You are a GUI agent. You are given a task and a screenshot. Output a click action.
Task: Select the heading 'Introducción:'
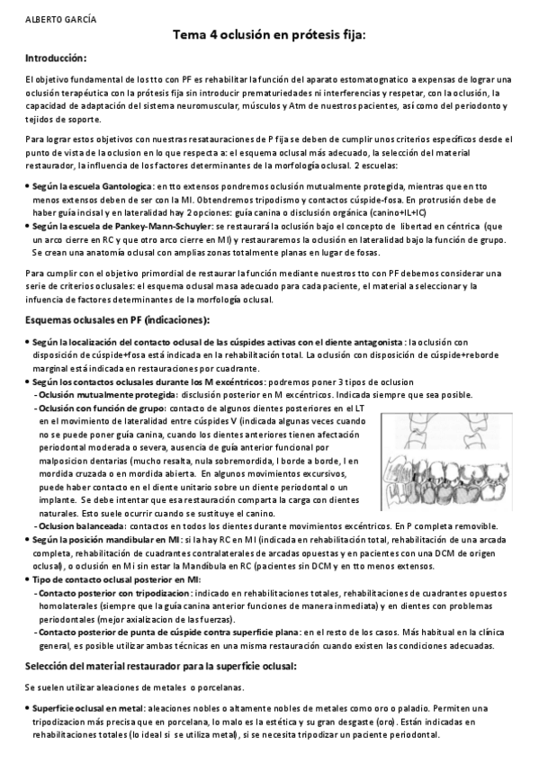pos(56,58)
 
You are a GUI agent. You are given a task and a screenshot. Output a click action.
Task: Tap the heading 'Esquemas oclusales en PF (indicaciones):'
pos(117,319)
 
